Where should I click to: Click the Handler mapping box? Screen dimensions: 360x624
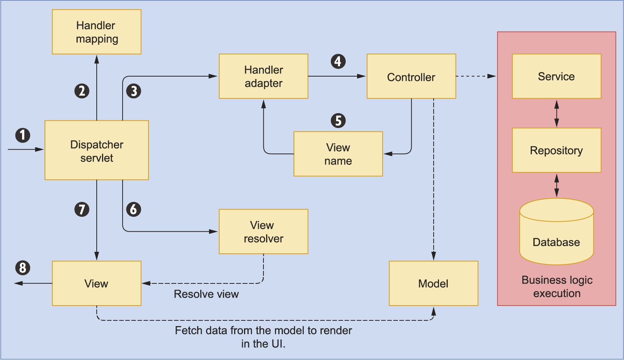(96, 32)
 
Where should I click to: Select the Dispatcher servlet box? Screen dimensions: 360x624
(96, 150)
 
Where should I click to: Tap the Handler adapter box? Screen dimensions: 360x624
(263, 76)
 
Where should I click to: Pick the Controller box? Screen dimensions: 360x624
(411, 77)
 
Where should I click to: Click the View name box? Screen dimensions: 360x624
(338, 154)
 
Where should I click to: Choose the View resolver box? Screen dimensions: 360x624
(263, 232)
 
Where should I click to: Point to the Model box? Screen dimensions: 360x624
(433, 283)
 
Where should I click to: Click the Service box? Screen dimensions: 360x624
(556, 76)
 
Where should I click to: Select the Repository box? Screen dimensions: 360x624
(556, 150)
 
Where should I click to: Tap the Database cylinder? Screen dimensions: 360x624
(556, 236)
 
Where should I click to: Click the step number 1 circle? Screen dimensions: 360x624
(23, 135)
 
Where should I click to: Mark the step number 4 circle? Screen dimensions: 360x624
(338, 61)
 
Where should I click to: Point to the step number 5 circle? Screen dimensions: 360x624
(338, 121)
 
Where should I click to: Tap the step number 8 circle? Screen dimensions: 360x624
(23, 268)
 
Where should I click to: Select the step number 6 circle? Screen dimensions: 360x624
(134, 209)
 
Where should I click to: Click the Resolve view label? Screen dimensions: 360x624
(206, 294)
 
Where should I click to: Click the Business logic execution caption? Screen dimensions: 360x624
(557, 286)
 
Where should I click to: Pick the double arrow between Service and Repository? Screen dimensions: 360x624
(557, 113)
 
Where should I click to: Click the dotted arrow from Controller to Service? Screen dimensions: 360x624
(476, 76)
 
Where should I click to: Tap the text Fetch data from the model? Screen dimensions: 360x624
(263, 330)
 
